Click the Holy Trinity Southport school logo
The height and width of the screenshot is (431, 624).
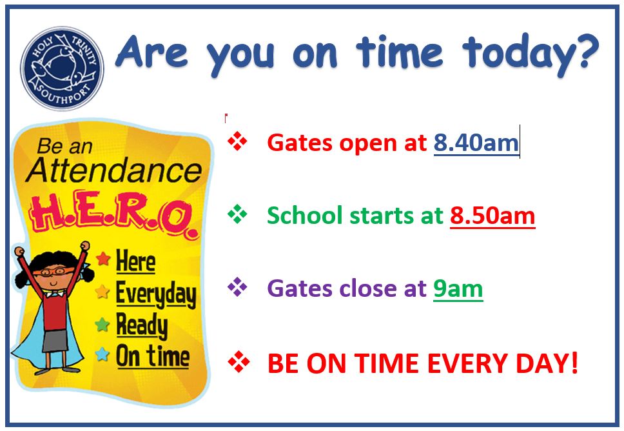click(x=62, y=68)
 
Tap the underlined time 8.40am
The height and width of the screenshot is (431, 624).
click(x=476, y=143)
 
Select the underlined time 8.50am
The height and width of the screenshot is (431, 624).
click(x=492, y=216)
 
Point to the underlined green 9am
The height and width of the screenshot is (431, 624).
click(x=458, y=288)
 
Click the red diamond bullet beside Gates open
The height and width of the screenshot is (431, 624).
click(x=238, y=141)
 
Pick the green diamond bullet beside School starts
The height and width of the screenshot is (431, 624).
click(x=238, y=214)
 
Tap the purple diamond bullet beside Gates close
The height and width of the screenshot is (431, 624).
click(x=238, y=287)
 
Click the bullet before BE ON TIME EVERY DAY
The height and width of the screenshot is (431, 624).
click(x=239, y=362)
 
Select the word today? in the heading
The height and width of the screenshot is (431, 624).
click(x=531, y=54)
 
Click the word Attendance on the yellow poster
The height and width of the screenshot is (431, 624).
click(x=114, y=170)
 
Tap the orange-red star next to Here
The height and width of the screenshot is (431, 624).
click(x=104, y=259)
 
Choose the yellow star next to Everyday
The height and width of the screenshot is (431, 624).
click(x=102, y=292)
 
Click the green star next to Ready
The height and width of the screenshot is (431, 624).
click(x=102, y=325)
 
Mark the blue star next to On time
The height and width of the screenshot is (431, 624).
click(x=102, y=354)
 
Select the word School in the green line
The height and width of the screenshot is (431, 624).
click(x=305, y=215)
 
